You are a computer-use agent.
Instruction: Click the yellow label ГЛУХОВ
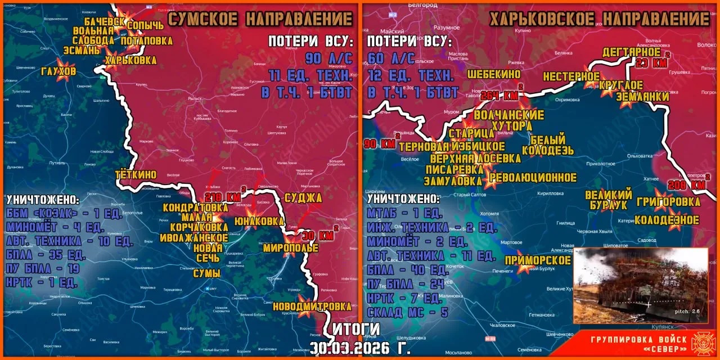click(x=58, y=71)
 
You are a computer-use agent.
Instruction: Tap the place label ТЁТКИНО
click(x=136, y=174)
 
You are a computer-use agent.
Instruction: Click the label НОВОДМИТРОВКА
click(x=311, y=307)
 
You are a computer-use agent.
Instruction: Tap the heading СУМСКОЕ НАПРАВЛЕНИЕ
click(x=260, y=19)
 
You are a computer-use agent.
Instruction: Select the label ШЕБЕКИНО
click(x=494, y=74)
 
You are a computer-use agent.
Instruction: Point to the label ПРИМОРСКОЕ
click(x=538, y=260)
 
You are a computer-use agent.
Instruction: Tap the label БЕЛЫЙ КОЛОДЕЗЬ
click(x=547, y=145)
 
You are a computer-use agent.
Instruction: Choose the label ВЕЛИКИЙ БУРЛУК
click(x=609, y=200)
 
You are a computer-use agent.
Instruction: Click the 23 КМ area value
click(x=651, y=63)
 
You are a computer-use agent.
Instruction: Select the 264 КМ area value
click(x=502, y=96)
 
